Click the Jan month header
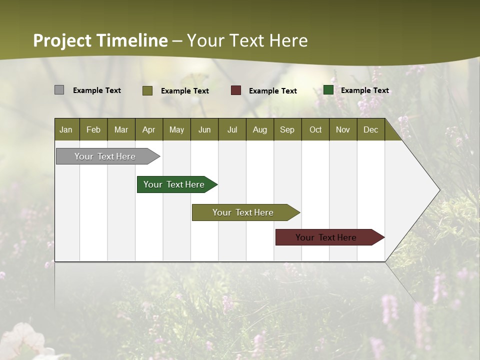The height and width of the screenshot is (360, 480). pos(66,129)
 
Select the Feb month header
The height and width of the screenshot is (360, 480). pos(93,129)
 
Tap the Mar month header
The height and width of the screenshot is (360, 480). pos(121,129)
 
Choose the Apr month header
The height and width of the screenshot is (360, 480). pos(148,129)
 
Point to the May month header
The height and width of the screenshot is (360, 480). pos(176,129)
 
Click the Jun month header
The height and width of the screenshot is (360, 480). pos(204,129)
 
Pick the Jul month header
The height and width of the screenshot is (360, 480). pos(232,129)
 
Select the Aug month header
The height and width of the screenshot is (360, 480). pos(259,129)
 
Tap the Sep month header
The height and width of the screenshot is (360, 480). pos(287,129)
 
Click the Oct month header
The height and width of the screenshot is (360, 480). pos(315,129)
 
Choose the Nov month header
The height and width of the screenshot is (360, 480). pos(343,129)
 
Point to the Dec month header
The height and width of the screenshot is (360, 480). pos(370,129)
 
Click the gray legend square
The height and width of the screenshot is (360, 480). pos(59,90)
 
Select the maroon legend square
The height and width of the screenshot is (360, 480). pos(236,90)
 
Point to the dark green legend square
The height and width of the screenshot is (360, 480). pos(328,90)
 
